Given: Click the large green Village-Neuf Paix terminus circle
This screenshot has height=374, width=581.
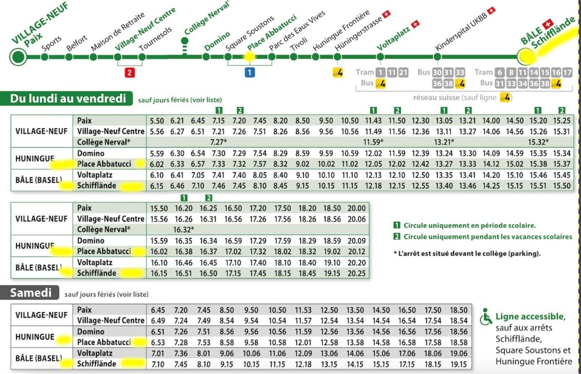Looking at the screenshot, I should point(18,57).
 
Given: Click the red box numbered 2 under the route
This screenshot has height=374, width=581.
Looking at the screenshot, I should point(129,73).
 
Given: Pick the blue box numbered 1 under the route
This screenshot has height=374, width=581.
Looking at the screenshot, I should point(249,73).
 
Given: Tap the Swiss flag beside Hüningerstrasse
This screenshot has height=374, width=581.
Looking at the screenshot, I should point(386,15).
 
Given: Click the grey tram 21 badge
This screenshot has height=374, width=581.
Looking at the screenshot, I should point(403,73).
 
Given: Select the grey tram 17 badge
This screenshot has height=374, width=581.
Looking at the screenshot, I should point(568,73).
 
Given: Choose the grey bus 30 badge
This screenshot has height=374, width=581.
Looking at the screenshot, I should point(437,73).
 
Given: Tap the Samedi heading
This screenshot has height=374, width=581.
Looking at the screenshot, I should point(31,292).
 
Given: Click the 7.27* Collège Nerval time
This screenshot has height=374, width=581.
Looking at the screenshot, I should point(218,142).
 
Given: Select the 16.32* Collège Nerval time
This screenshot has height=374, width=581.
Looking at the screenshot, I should point(184,229).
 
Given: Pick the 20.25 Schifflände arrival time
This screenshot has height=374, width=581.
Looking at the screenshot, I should point(357,273).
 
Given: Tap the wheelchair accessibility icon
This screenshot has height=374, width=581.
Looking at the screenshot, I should point(486,317).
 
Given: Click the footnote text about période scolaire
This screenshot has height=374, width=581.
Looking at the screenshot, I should point(469,225).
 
